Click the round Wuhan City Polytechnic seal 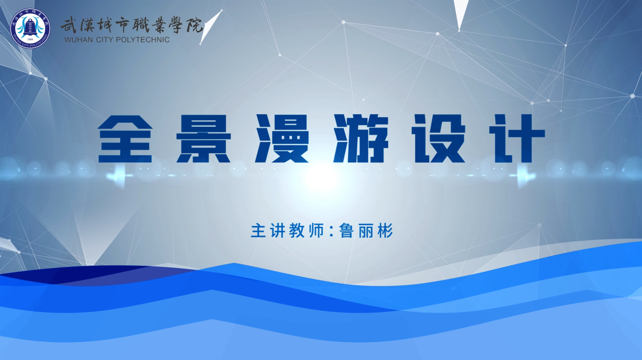30,28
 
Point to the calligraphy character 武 69,26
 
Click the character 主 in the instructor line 258,230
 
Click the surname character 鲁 346,230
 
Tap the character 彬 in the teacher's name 385,230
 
